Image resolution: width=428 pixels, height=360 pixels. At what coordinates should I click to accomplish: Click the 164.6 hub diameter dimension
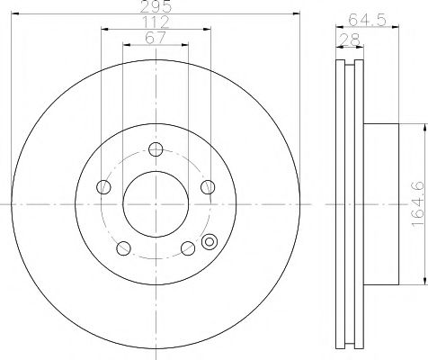(x=414, y=203)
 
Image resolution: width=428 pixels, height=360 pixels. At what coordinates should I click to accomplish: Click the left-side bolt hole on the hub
(x=103, y=187)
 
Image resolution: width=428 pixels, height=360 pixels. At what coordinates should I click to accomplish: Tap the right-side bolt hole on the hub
(x=208, y=187)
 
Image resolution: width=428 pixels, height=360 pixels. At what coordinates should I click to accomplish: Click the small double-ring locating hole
(x=210, y=241)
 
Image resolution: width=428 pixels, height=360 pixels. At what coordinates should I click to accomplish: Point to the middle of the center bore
(x=156, y=205)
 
